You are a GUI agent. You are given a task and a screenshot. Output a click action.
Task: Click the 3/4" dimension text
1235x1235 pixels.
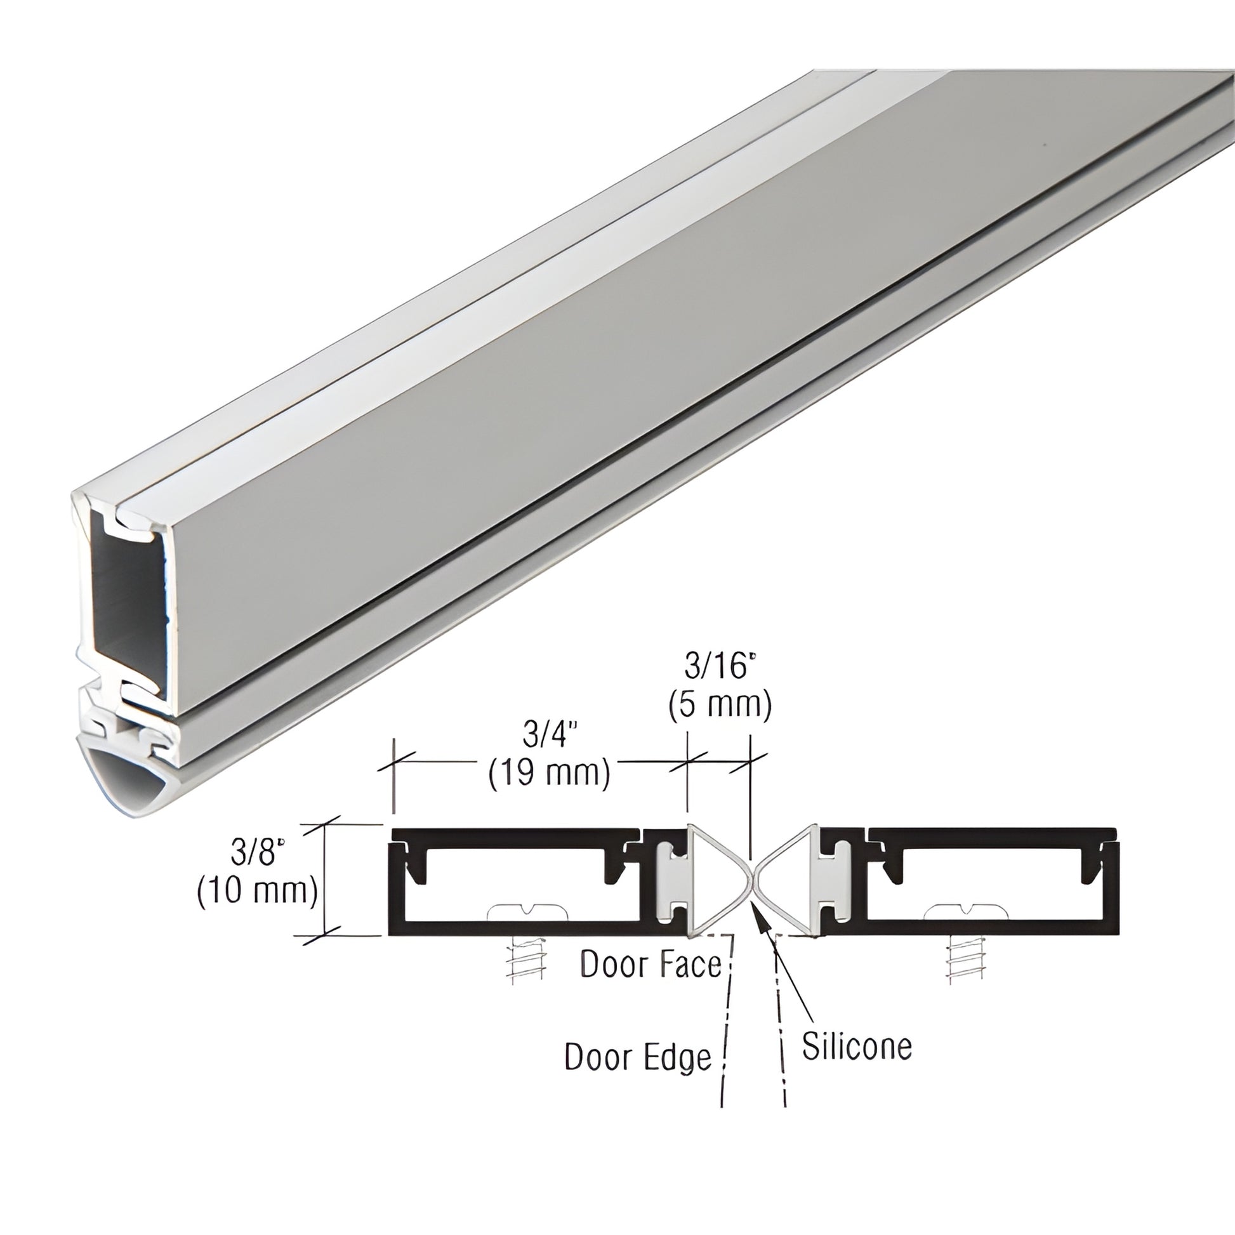coord(545,736)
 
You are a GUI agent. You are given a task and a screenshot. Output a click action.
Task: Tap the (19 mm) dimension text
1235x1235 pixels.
coord(549,775)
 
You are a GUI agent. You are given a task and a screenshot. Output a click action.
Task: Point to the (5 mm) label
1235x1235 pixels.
coord(720,705)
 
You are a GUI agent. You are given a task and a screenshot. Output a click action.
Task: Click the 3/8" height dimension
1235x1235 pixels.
coord(258,852)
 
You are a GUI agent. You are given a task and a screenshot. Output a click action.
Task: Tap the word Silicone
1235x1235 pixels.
coord(857,1047)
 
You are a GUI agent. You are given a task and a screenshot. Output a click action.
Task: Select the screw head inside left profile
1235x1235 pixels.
coord(527,911)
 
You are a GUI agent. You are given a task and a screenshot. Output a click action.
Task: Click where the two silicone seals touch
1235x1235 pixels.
coord(752,883)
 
